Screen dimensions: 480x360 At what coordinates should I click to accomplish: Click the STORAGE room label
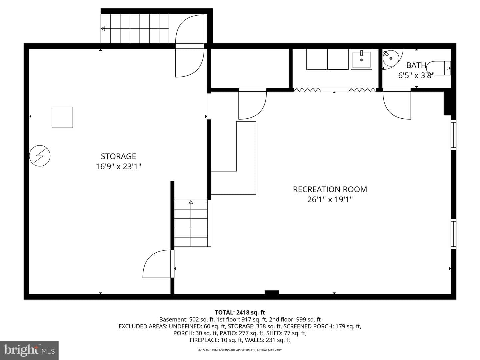point(118,156)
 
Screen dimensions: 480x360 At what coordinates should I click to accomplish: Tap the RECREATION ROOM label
point(330,189)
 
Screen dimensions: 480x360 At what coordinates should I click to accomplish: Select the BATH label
point(416,65)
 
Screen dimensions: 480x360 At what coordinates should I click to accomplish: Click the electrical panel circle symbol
point(40,156)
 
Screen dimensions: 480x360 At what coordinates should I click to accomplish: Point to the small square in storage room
point(62,117)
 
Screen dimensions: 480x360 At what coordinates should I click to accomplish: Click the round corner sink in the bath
point(391,58)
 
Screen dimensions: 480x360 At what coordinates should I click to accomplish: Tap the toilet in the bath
point(438,68)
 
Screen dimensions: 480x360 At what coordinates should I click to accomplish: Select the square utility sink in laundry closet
point(361,59)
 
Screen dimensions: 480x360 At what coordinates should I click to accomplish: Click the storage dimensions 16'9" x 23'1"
point(118,167)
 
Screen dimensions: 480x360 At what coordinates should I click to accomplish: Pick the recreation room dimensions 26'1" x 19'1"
point(330,200)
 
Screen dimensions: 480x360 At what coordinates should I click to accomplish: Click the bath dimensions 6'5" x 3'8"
point(416,75)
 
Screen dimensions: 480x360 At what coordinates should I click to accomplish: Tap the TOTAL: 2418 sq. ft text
point(240,312)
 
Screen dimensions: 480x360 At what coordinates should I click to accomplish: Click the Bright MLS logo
point(29,350)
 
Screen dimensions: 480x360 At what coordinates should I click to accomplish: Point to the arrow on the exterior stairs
point(135,28)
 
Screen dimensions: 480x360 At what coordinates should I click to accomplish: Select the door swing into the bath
point(397,104)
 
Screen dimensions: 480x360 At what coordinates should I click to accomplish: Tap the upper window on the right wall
point(453,135)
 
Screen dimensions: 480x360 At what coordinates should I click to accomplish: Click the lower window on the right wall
point(453,234)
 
